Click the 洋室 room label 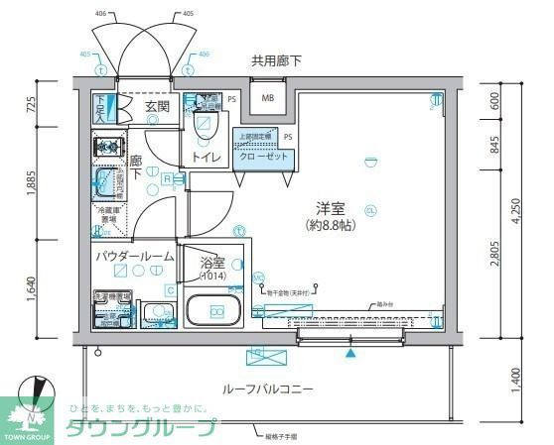point(330,208)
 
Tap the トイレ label point(205,157)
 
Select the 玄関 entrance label point(157,106)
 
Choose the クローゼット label point(262,157)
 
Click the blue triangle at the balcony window point(349,352)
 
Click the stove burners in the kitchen point(105,148)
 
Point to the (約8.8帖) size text point(330,226)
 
